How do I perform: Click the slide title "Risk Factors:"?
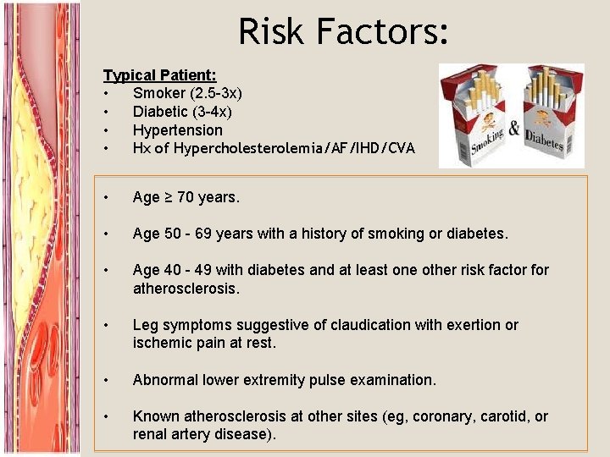click(x=343, y=31)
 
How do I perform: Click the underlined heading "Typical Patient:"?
click(x=159, y=75)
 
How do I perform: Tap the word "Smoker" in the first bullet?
click(x=159, y=93)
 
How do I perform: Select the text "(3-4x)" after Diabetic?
click(x=210, y=112)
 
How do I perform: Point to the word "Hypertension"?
click(x=177, y=130)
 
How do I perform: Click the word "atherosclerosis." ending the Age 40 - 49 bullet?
click(x=186, y=289)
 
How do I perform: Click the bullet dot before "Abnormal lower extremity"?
click(x=106, y=380)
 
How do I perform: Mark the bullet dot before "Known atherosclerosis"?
click(x=106, y=416)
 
